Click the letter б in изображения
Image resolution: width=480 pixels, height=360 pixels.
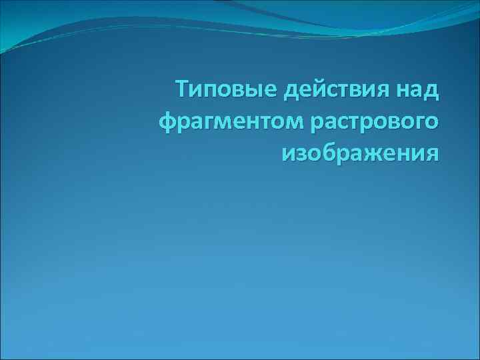[x=327, y=153]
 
